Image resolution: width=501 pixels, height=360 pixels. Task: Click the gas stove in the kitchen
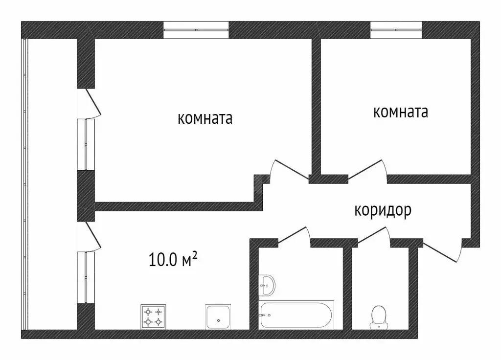(153, 316)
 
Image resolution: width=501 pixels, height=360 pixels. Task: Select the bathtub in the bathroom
(296, 316)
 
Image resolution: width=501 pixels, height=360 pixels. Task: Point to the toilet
(378, 316)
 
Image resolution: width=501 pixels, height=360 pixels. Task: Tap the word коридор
(383, 210)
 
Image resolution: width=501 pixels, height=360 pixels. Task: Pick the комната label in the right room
(400, 112)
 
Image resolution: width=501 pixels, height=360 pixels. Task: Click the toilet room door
(374, 235)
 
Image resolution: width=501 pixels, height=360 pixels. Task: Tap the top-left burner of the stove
(148, 311)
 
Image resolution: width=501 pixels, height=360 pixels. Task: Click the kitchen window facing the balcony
(86, 277)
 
